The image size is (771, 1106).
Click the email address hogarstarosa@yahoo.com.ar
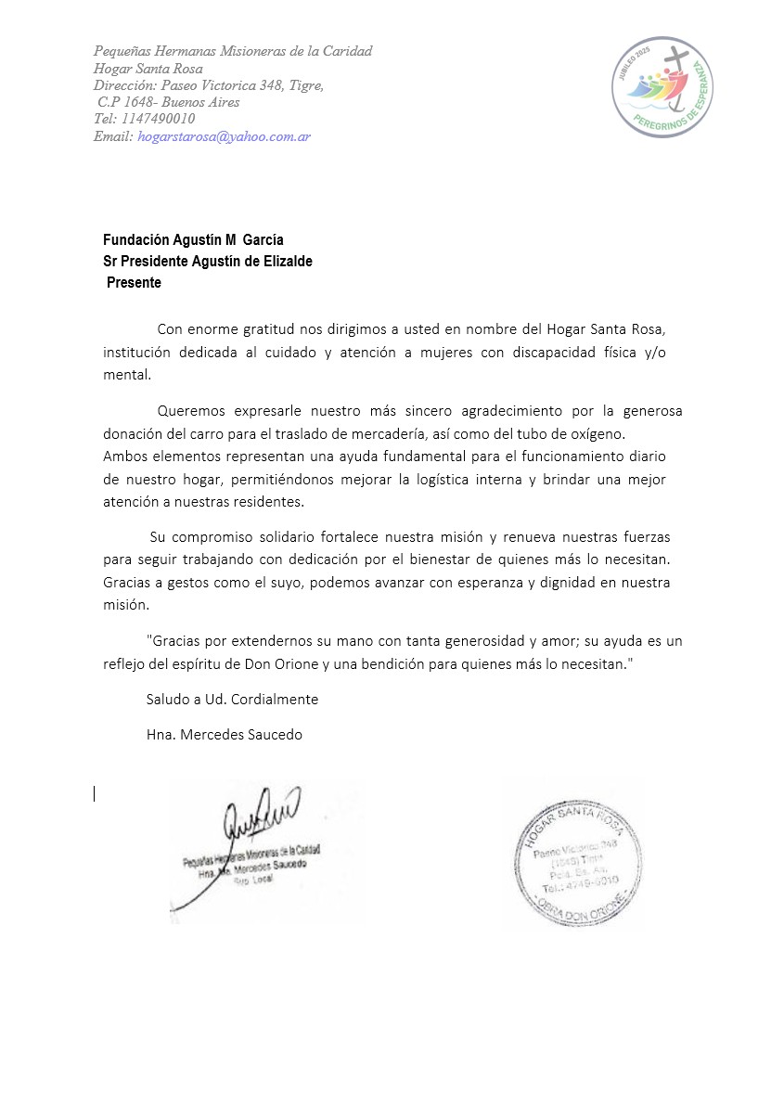[224, 136]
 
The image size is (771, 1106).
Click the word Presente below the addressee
[134, 283]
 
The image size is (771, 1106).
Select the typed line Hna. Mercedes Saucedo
[225, 734]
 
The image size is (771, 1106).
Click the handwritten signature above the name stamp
[260, 817]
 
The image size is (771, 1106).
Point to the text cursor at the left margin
[94, 793]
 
